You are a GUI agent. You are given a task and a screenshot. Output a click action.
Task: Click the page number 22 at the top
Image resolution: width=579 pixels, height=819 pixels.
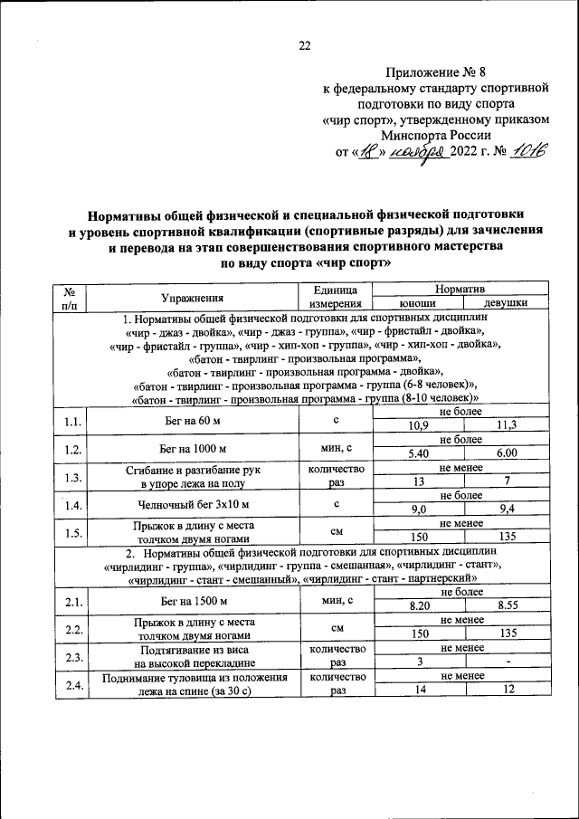point(305,46)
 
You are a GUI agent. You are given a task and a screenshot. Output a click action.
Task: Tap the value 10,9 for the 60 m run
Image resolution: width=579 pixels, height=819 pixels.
point(418,426)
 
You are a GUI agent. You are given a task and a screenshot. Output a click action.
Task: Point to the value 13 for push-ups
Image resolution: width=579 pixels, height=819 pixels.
point(418,482)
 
